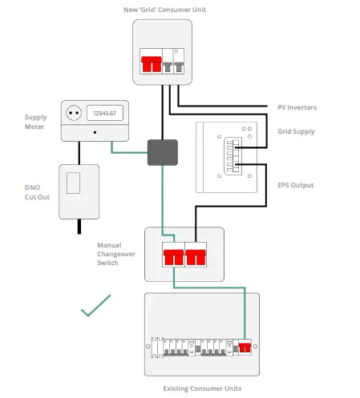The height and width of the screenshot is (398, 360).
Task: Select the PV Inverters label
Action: coord(297,107)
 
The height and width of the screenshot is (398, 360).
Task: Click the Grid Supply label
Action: coord(296,131)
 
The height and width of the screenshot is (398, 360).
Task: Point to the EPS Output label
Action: coord(296,185)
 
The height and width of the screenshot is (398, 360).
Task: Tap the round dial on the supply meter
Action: coord(75,114)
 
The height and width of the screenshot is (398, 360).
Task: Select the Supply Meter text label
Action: coord(35,122)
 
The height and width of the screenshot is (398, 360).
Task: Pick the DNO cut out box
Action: coord(79,191)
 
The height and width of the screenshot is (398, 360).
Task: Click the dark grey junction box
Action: coord(162,152)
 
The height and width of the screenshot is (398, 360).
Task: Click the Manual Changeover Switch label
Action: coord(115,254)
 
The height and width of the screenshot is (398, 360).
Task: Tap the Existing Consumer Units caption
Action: coord(202,388)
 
